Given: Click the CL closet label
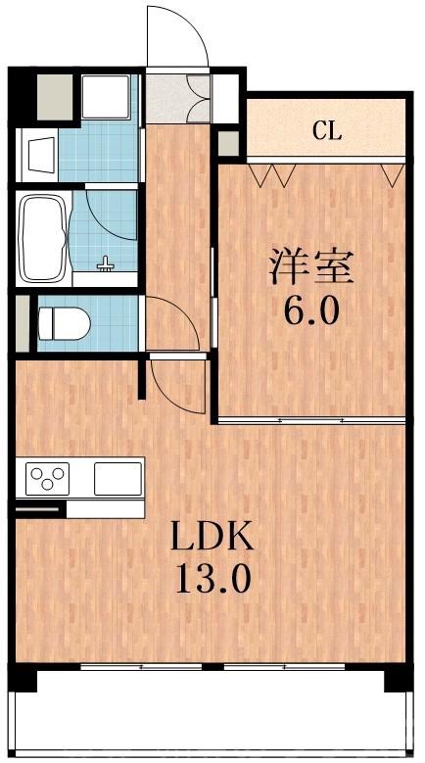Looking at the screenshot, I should pos(327,131).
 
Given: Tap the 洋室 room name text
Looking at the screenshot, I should pos(311,266).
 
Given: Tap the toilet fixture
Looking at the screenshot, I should pos(63,323).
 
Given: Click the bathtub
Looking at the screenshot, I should pos(43,237).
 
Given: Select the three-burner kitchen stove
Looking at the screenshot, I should pos(47,478).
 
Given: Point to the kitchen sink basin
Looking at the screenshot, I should pos(118,478).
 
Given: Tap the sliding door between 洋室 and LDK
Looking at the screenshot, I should pos(311,419).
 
